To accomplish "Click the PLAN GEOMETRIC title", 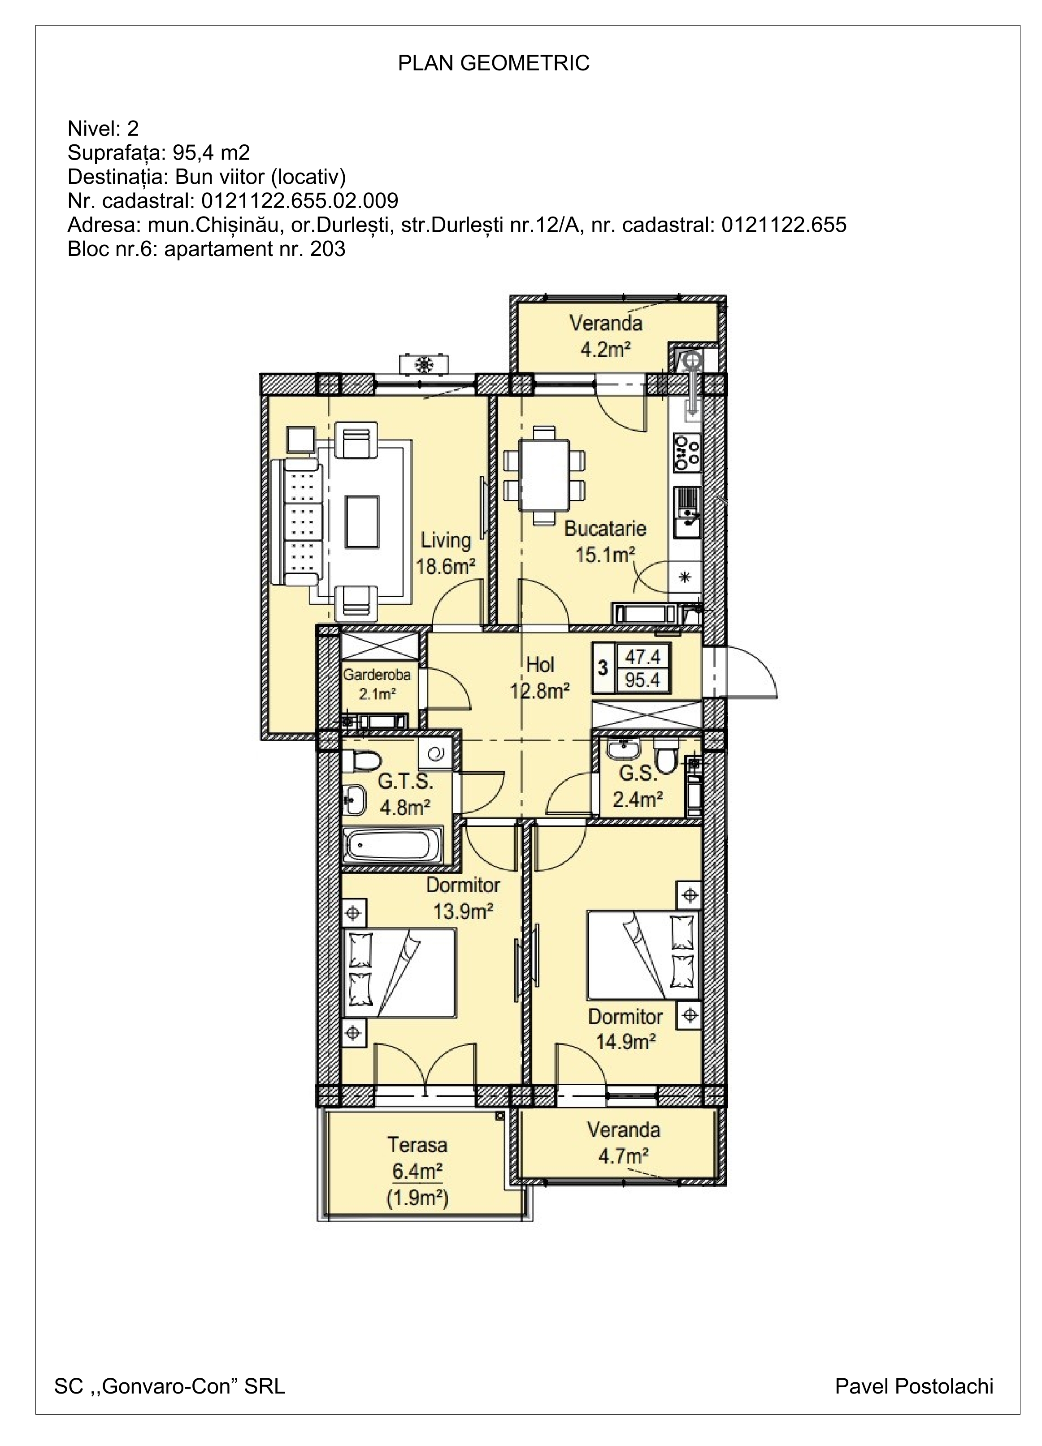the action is point(494,63).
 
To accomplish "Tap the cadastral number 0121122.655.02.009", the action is point(300,201).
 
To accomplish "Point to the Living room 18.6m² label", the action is point(446,553).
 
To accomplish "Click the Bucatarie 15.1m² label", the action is point(604,541).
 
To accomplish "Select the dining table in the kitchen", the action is point(543,475).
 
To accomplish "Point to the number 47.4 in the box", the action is point(642,656).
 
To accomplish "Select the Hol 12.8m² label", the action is point(539,678).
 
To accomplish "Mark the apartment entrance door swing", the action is point(752,671).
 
